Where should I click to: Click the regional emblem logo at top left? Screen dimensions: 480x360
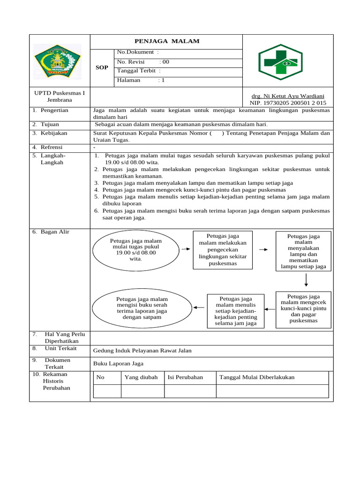click(x=58, y=61)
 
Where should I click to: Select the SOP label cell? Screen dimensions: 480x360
click(x=102, y=67)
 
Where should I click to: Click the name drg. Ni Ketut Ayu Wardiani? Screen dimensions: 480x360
click(x=288, y=96)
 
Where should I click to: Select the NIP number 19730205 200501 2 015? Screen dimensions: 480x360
click(x=288, y=103)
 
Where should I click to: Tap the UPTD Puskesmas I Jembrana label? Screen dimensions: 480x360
click(x=60, y=97)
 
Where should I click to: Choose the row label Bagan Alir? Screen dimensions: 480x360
click(x=54, y=232)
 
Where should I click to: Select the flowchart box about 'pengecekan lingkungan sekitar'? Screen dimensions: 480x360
click(x=223, y=249)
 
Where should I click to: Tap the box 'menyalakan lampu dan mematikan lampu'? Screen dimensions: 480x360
click(x=303, y=251)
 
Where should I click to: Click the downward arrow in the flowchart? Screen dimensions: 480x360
click(x=306, y=279)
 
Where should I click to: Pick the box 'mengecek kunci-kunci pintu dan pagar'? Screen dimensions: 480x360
click(x=303, y=308)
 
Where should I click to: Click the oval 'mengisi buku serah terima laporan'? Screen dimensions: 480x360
click(x=142, y=308)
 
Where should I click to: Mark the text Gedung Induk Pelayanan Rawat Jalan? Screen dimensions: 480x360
click(x=142, y=351)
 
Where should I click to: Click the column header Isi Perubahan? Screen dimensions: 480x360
click(x=185, y=377)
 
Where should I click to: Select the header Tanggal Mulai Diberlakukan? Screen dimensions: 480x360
click(x=257, y=377)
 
